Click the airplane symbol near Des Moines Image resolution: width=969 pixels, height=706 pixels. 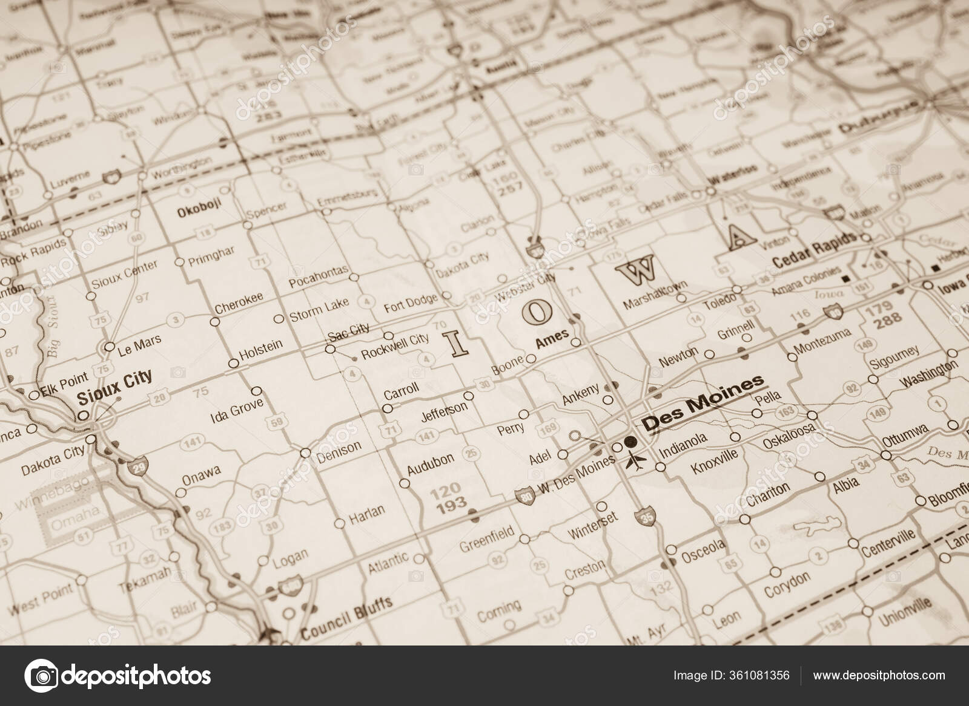pyautogui.click(x=637, y=462)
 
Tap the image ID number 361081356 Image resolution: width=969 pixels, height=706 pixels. pyautogui.click(x=759, y=675)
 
